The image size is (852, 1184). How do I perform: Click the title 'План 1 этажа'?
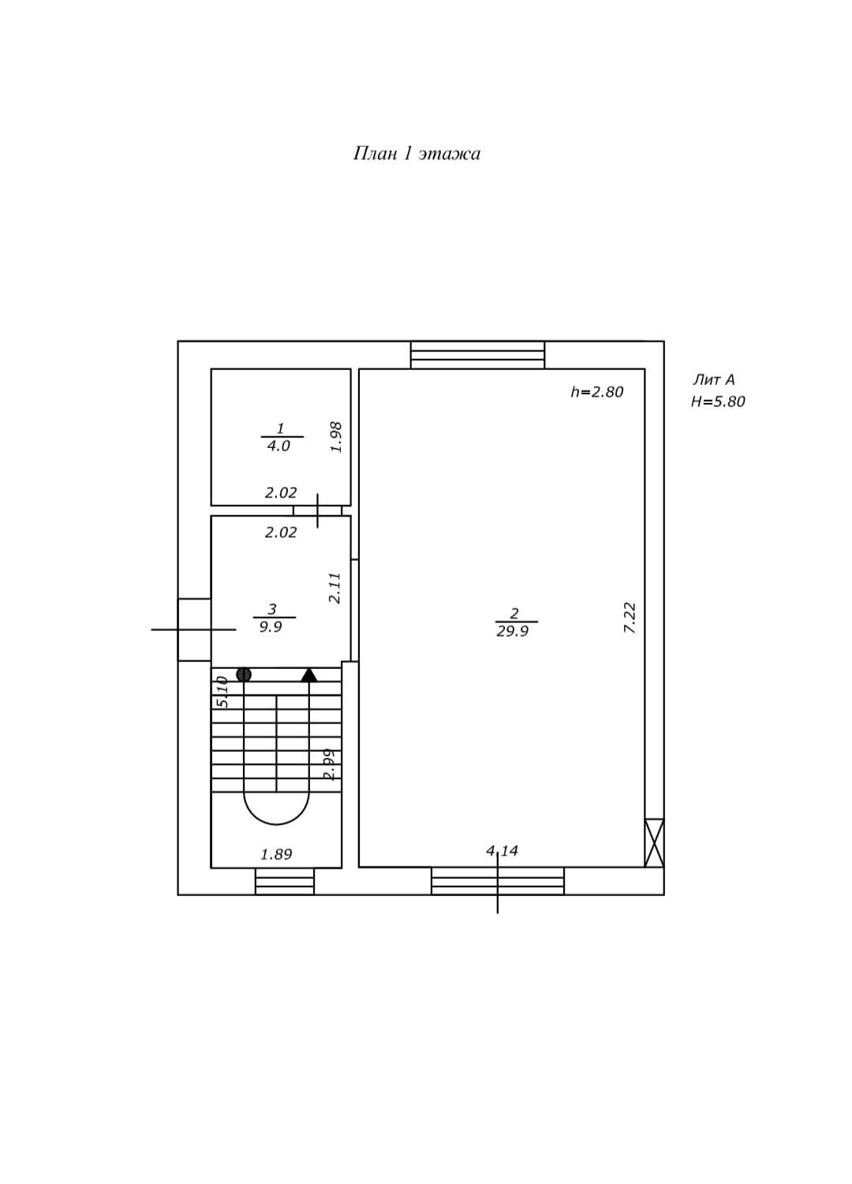[417, 154]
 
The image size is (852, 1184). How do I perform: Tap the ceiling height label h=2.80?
[596, 392]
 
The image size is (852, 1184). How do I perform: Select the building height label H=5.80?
[718, 402]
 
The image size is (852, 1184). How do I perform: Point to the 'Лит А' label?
[713, 379]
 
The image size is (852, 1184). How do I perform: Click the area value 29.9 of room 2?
[512, 631]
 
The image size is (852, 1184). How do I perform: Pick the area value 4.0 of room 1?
[278, 446]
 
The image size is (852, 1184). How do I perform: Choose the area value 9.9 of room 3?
[270, 627]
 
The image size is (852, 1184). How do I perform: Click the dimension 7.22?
[630, 618]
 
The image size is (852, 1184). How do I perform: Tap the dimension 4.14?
[502, 851]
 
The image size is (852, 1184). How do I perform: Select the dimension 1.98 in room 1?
[336, 437]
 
